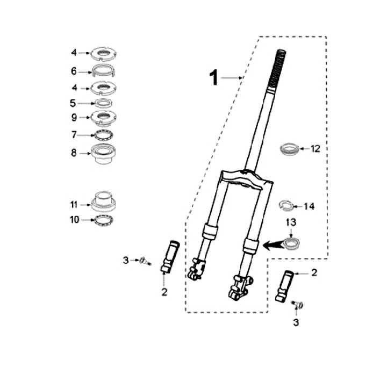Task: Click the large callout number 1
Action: point(214,77)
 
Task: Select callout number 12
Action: point(316,149)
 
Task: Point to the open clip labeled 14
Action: point(286,205)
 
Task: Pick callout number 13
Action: point(291,222)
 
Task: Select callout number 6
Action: point(74,71)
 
